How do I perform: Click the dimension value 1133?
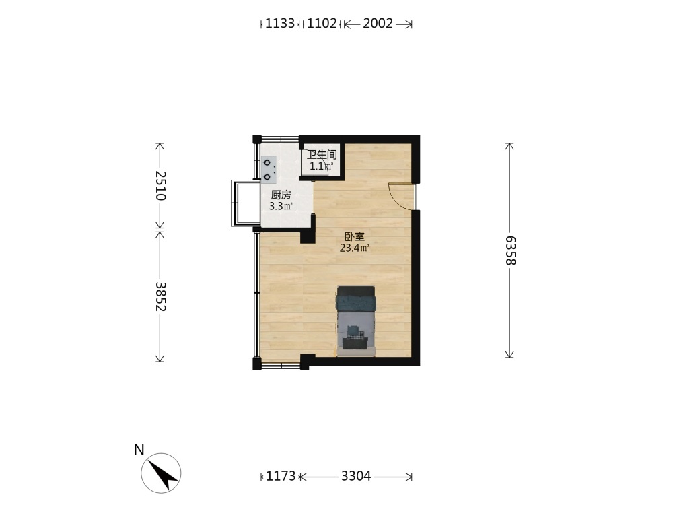click(x=280, y=23)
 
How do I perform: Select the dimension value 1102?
click(x=322, y=23)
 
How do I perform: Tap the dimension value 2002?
click(x=378, y=23)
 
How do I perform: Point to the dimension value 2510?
click(x=161, y=186)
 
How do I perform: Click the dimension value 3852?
click(x=161, y=296)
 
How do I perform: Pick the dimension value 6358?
click(x=510, y=250)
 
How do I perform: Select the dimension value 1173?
click(x=281, y=476)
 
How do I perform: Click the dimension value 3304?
click(x=356, y=476)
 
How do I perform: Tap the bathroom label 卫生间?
click(x=322, y=155)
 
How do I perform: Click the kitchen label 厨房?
click(x=281, y=195)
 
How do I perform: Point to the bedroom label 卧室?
click(x=355, y=236)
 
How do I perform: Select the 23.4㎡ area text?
click(x=355, y=248)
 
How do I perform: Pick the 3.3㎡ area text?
click(x=281, y=206)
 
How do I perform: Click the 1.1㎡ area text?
click(x=322, y=166)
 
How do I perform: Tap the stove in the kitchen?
click(x=269, y=170)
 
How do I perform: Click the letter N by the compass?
click(x=139, y=450)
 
